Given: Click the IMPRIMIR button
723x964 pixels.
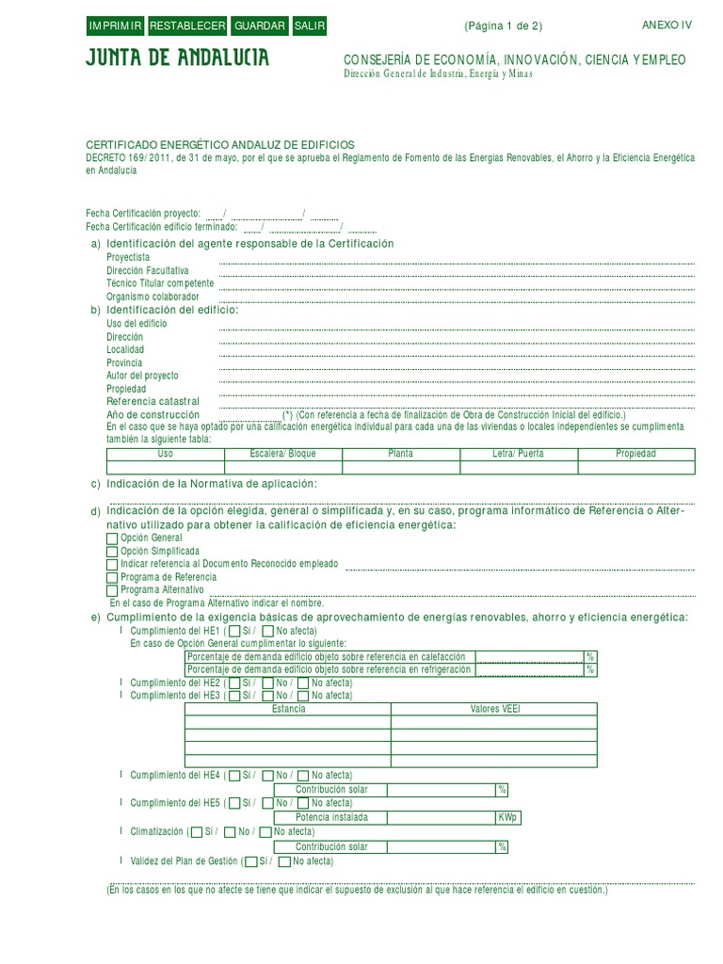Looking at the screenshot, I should click(x=115, y=26).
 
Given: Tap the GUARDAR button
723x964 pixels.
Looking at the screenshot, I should click(x=260, y=26).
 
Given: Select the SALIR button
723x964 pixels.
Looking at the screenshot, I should click(x=309, y=26).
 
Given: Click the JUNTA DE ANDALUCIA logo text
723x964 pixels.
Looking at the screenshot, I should click(x=177, y=59).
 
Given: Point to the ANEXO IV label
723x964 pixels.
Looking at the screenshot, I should click(x=667, y=25).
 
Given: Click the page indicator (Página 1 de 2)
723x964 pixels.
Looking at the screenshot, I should click(x=503, y=26).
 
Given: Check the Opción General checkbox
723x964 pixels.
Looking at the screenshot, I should click(x=113, y=537).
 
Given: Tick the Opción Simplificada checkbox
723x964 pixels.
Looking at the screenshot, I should click(x=113, y=550).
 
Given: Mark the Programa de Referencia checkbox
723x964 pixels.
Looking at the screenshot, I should click(x=113, y=576).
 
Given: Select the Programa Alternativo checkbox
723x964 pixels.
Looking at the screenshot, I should click(x=113, y=589).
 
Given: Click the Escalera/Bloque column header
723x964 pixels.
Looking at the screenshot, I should click(x=283, y=454).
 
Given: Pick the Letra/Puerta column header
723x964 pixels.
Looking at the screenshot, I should click(x=518, y=454).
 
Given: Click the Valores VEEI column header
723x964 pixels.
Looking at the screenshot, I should click(x=494, y=709).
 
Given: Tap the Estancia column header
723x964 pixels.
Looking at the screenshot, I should click(x=288, y=709).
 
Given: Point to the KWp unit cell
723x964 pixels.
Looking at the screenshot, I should click(x=508, y=818).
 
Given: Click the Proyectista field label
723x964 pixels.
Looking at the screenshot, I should click(x=128, y=257).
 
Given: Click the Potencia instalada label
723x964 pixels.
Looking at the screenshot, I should click(x=331, y=818).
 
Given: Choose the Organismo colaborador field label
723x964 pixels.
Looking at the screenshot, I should click(x=153, y=297).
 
